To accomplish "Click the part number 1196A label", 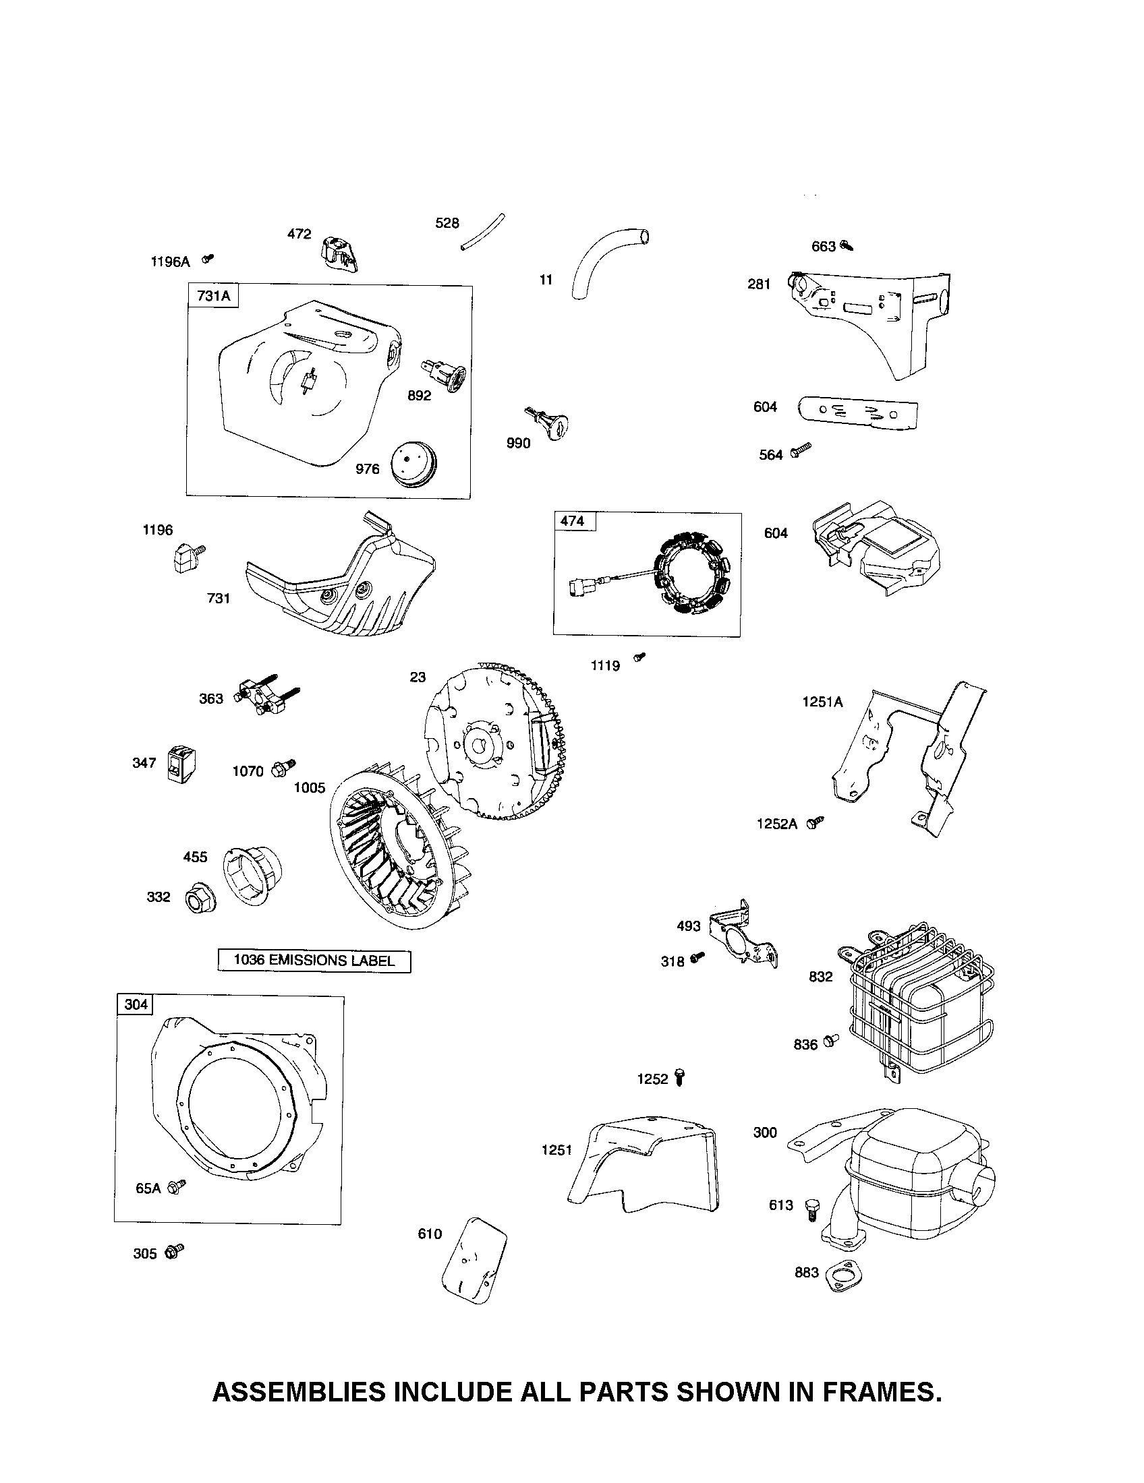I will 170,262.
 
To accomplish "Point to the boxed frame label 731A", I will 213,296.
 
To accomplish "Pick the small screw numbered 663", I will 846,245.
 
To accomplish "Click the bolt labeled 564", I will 801,449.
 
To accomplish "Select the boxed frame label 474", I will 573,522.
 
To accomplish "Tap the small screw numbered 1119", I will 639,657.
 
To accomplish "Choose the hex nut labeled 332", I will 198,901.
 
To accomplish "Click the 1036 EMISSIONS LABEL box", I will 314,960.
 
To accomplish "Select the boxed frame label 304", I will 135,1004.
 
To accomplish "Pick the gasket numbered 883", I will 841,1275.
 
